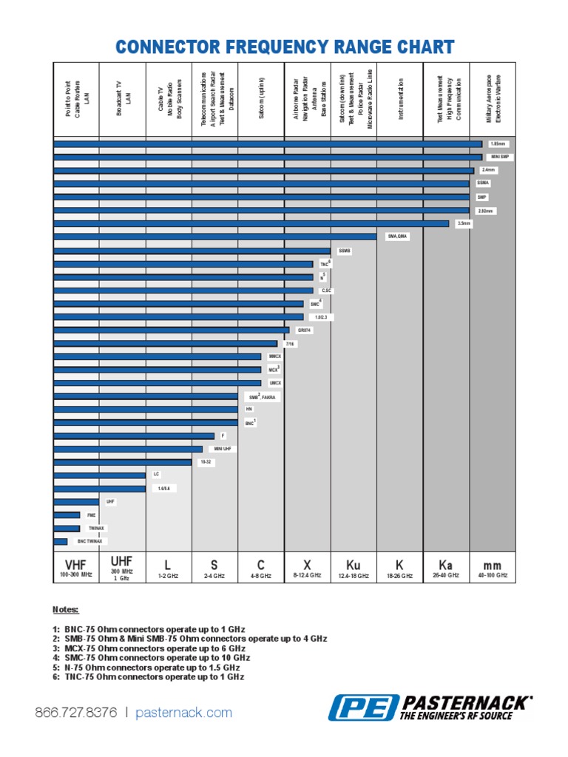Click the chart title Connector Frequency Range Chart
click(x=284, y=48)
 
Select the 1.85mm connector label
click(x=498, y=143)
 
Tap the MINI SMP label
click(x=500, y=157)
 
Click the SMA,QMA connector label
click(x=398, y=237)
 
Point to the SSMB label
click(x=345, y=251)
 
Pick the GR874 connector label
click(x=304, y=330)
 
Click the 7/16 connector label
click(x=289, y=343)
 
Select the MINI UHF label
click(x=223, y=449)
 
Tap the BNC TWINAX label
click(x=90, y=541)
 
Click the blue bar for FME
click(x=67, y=515)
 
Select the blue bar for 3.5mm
click(x=251, y=223)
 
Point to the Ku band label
click(x=353, y=565)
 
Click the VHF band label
click(x=76, y=564)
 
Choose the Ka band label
click(x=445, y=565)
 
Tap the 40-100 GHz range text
click(x=492, y=575)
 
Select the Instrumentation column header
click(x=399, y=100)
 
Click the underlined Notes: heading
click(x=65, y=610)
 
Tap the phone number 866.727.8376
click(x=75, y=713)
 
